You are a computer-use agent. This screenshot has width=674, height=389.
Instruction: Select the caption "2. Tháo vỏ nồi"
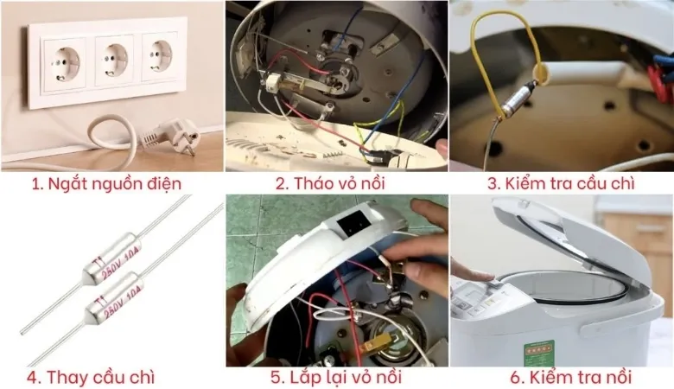pyautogui.click(x=335, y=183)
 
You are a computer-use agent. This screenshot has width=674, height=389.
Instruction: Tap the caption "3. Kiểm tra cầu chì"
pyautogui.click(x=562, y=183)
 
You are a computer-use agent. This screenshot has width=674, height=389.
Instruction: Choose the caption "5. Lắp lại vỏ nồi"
pyautogui.click(x=337, y=378)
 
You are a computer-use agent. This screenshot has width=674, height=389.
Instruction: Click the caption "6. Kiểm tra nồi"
pyautogui.click(x=562, y=378)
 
